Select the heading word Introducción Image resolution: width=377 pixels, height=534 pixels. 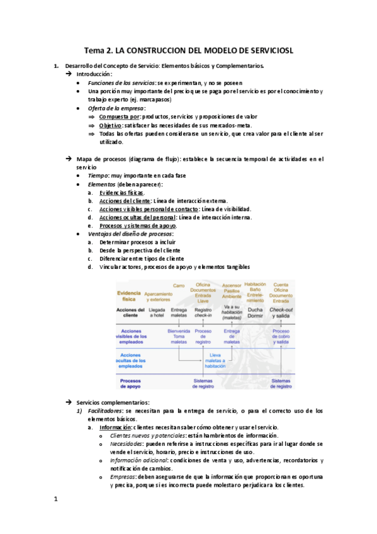click(94, 74)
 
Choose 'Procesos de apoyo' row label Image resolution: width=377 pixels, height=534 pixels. click(130, 383)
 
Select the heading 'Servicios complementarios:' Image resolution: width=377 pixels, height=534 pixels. click(113, 402)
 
